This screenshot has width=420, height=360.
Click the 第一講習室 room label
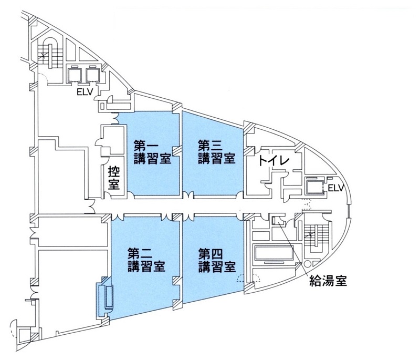point(151,151)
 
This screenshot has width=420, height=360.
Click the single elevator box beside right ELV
point(314,186)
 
